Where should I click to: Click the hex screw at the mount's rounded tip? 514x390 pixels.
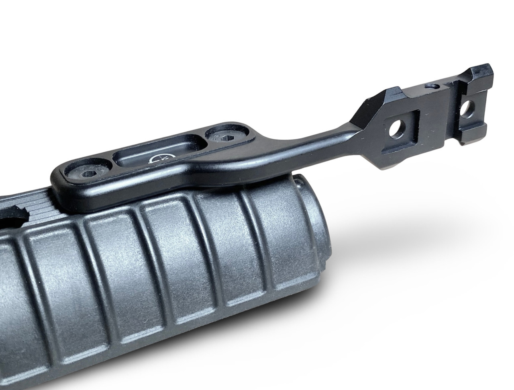point(86,175)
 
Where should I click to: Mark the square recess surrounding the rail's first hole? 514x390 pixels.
point(400,131)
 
